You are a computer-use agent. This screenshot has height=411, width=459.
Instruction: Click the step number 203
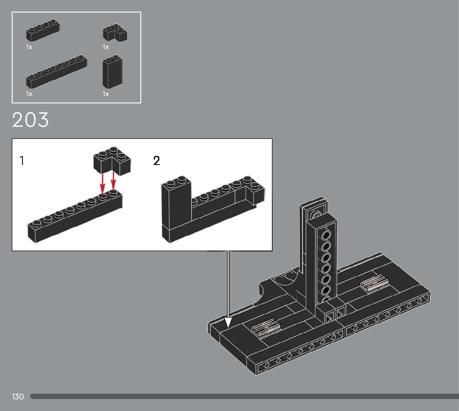(x=31, y=120)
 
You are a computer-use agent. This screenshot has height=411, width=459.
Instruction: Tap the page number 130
(x=18, y=396)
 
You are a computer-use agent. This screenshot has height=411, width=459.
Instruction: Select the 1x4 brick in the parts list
(x=43, y=31)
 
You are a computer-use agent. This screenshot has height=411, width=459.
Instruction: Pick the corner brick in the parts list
(x=115, y=33)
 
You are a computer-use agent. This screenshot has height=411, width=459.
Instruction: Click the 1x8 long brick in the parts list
(x=56, y=71)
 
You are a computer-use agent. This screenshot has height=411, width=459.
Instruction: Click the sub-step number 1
(x=22, y=161)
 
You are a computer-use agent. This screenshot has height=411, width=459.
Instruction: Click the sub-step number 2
(x=156, y=161)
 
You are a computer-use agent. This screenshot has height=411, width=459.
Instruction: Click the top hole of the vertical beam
(x=327, y=235)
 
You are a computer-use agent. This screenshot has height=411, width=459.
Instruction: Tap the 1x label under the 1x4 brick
(x=29, y=47)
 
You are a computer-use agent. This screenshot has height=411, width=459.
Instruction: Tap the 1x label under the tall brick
(x=106, y=94)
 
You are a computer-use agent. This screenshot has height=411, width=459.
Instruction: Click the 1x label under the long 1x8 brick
(x=29, y=94)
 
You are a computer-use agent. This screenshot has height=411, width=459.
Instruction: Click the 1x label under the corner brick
(x=106, y=47)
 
